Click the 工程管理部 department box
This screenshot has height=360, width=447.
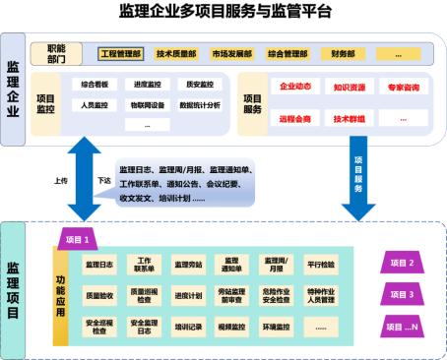tap(123, 53)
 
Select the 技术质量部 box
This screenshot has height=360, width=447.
tap(177, 53)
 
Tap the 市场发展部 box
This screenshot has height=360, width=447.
tap(231, 53)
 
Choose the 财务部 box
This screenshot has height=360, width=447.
tap(344, 53)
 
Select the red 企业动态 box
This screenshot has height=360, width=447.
tap(295, 88)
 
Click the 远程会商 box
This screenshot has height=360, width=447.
tap(295, 117)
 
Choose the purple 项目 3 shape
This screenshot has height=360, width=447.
tap(404, 293)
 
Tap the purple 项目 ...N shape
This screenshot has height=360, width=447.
tap(404, 326)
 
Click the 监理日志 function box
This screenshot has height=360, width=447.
tap(100, 264)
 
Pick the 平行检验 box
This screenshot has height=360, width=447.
tap(320, 264)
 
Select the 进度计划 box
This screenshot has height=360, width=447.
tap(187, 294)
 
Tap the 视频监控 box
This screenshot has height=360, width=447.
tap(230, 326)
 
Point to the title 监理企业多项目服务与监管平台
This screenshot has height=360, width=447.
tap(223, 12)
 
